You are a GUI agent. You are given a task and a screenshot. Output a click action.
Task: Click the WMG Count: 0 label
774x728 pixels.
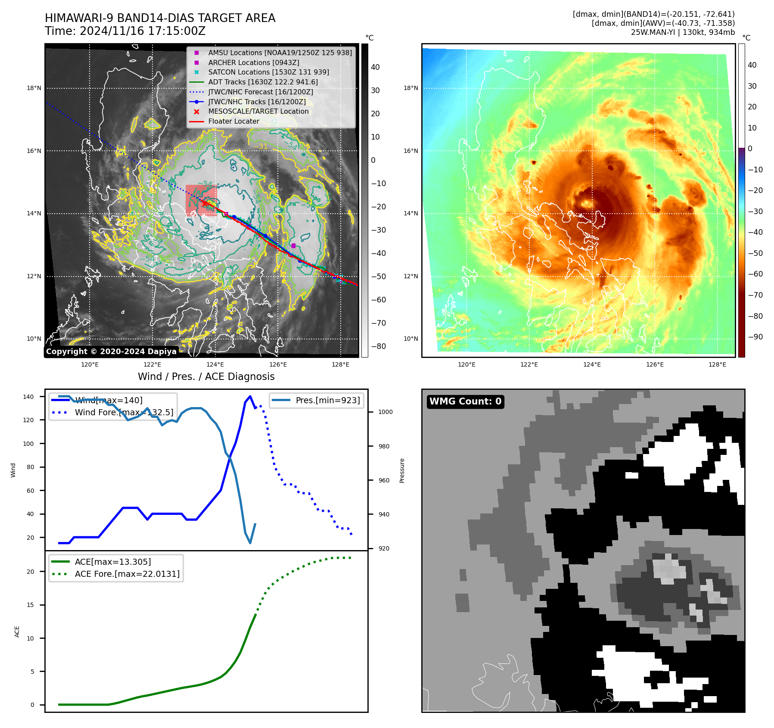[465, 401]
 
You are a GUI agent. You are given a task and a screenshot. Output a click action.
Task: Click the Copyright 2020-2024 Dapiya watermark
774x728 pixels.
[111, 352]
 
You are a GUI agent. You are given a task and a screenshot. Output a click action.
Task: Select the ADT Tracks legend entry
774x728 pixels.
[263, 82]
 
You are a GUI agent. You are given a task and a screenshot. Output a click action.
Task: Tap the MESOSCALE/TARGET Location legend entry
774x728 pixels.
[258, 111]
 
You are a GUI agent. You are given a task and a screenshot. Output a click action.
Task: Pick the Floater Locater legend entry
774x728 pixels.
[233, 121]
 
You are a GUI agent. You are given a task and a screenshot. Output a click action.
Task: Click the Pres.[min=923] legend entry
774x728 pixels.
[327, 400]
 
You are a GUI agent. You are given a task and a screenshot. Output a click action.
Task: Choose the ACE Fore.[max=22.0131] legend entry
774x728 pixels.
[127, 574]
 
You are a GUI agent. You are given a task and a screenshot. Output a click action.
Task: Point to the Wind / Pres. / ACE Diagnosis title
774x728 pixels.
[206, 376]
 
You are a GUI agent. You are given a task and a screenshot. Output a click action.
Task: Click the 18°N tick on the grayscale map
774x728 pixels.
[34, 88]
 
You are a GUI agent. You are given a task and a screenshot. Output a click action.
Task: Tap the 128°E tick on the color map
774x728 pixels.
[717, 364]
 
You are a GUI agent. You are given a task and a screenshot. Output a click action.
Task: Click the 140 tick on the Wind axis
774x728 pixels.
[28, 397]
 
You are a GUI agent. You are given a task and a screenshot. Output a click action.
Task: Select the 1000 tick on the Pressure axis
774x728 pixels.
[385, 412]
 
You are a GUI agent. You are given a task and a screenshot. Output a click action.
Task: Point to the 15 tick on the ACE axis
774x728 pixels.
[30, 605]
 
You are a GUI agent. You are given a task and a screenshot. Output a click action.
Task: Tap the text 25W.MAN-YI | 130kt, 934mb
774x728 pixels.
[683, 32]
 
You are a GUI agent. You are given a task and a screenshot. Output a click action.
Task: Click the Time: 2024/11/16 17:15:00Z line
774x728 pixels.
[125, 31]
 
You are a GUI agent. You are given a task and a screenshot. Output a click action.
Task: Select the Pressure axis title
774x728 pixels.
[402, 470]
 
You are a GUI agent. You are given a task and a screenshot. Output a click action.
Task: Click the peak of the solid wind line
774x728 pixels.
[250, 396]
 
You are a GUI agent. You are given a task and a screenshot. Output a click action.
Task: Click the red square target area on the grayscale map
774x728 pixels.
[201, 200]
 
